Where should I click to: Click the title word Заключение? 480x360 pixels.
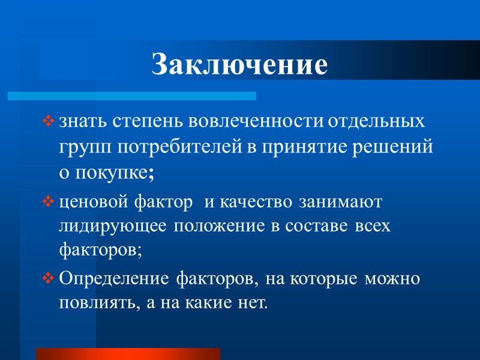click(240, 65)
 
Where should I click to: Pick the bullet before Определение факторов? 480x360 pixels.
click(49, 279)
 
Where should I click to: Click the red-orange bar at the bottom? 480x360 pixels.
click(128, 353)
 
